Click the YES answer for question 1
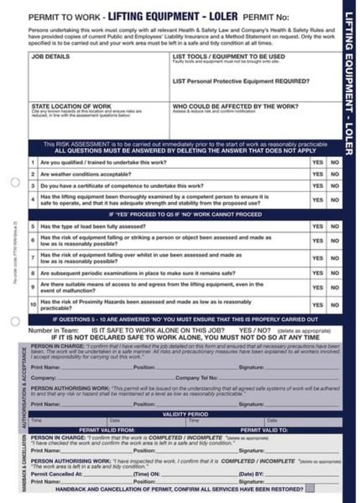(318, 163)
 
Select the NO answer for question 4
(334, 199)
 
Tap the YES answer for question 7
(318, 258)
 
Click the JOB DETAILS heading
(51, 56)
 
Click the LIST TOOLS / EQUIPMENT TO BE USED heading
(229, 56)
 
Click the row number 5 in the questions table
(33, 226)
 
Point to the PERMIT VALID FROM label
(107, 430)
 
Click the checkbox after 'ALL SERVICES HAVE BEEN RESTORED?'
(310, 487)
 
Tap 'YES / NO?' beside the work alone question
(254, 330)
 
